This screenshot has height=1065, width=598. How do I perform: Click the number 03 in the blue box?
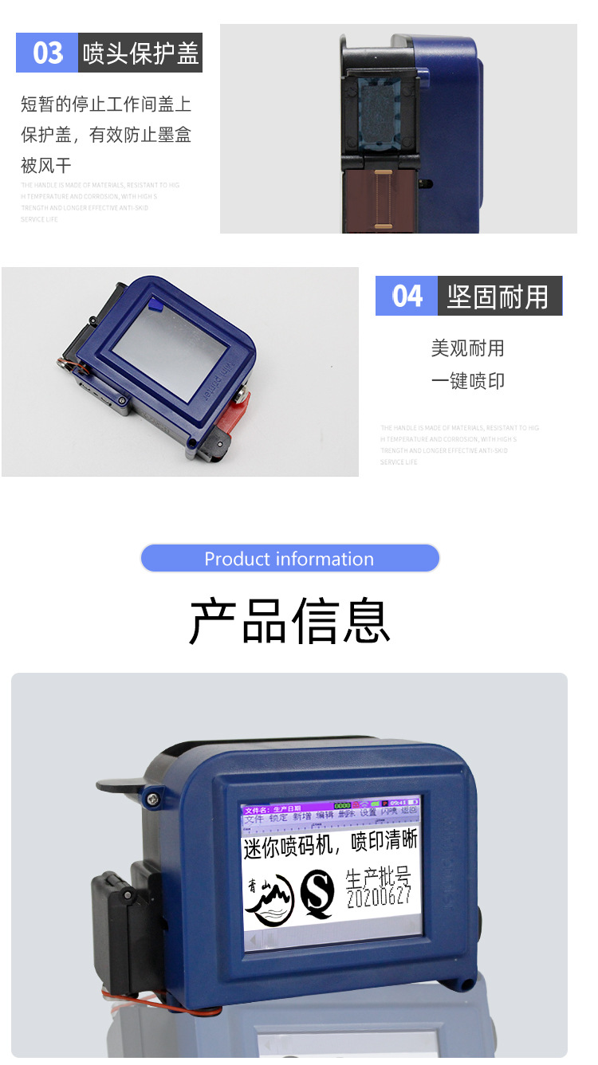pos(47,53)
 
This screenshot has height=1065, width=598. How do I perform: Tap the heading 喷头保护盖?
pos(141,53)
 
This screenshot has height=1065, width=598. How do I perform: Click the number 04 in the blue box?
pos(407,297)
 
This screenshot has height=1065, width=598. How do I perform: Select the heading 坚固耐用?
pos(498,297)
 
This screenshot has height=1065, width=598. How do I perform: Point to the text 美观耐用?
pos(468,348)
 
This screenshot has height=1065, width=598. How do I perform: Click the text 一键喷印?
pos(468,381)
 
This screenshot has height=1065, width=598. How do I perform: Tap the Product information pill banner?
pos(289,559)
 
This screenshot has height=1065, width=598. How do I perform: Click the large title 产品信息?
pos(289,621)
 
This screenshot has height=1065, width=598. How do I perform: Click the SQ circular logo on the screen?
pos(317,894)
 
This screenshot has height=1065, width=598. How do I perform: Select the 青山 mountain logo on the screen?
pos(269,898)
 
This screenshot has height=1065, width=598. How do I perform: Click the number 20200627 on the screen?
pos(379,897)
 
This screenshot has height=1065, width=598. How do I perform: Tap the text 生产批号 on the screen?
pos(378,877)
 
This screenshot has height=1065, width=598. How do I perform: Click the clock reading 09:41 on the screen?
pos(399,803)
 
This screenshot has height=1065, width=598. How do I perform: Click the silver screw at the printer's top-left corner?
pos(152,797)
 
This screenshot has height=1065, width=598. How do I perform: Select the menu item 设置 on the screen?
pos(368,813)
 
